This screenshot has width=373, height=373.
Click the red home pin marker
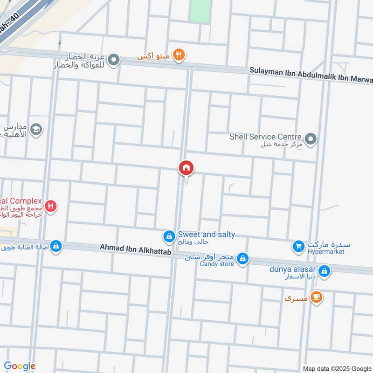186,168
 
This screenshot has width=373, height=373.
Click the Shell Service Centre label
265,137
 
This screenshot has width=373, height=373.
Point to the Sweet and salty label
206,235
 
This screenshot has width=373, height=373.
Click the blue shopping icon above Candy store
242,258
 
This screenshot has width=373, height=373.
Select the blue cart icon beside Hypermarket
298,246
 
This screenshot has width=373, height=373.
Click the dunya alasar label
293,269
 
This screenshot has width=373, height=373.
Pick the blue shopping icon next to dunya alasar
325,271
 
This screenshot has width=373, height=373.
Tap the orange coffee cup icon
317,297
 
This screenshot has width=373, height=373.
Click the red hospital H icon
51,206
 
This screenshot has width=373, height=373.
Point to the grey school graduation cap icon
36,130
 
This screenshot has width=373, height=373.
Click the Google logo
20,366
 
